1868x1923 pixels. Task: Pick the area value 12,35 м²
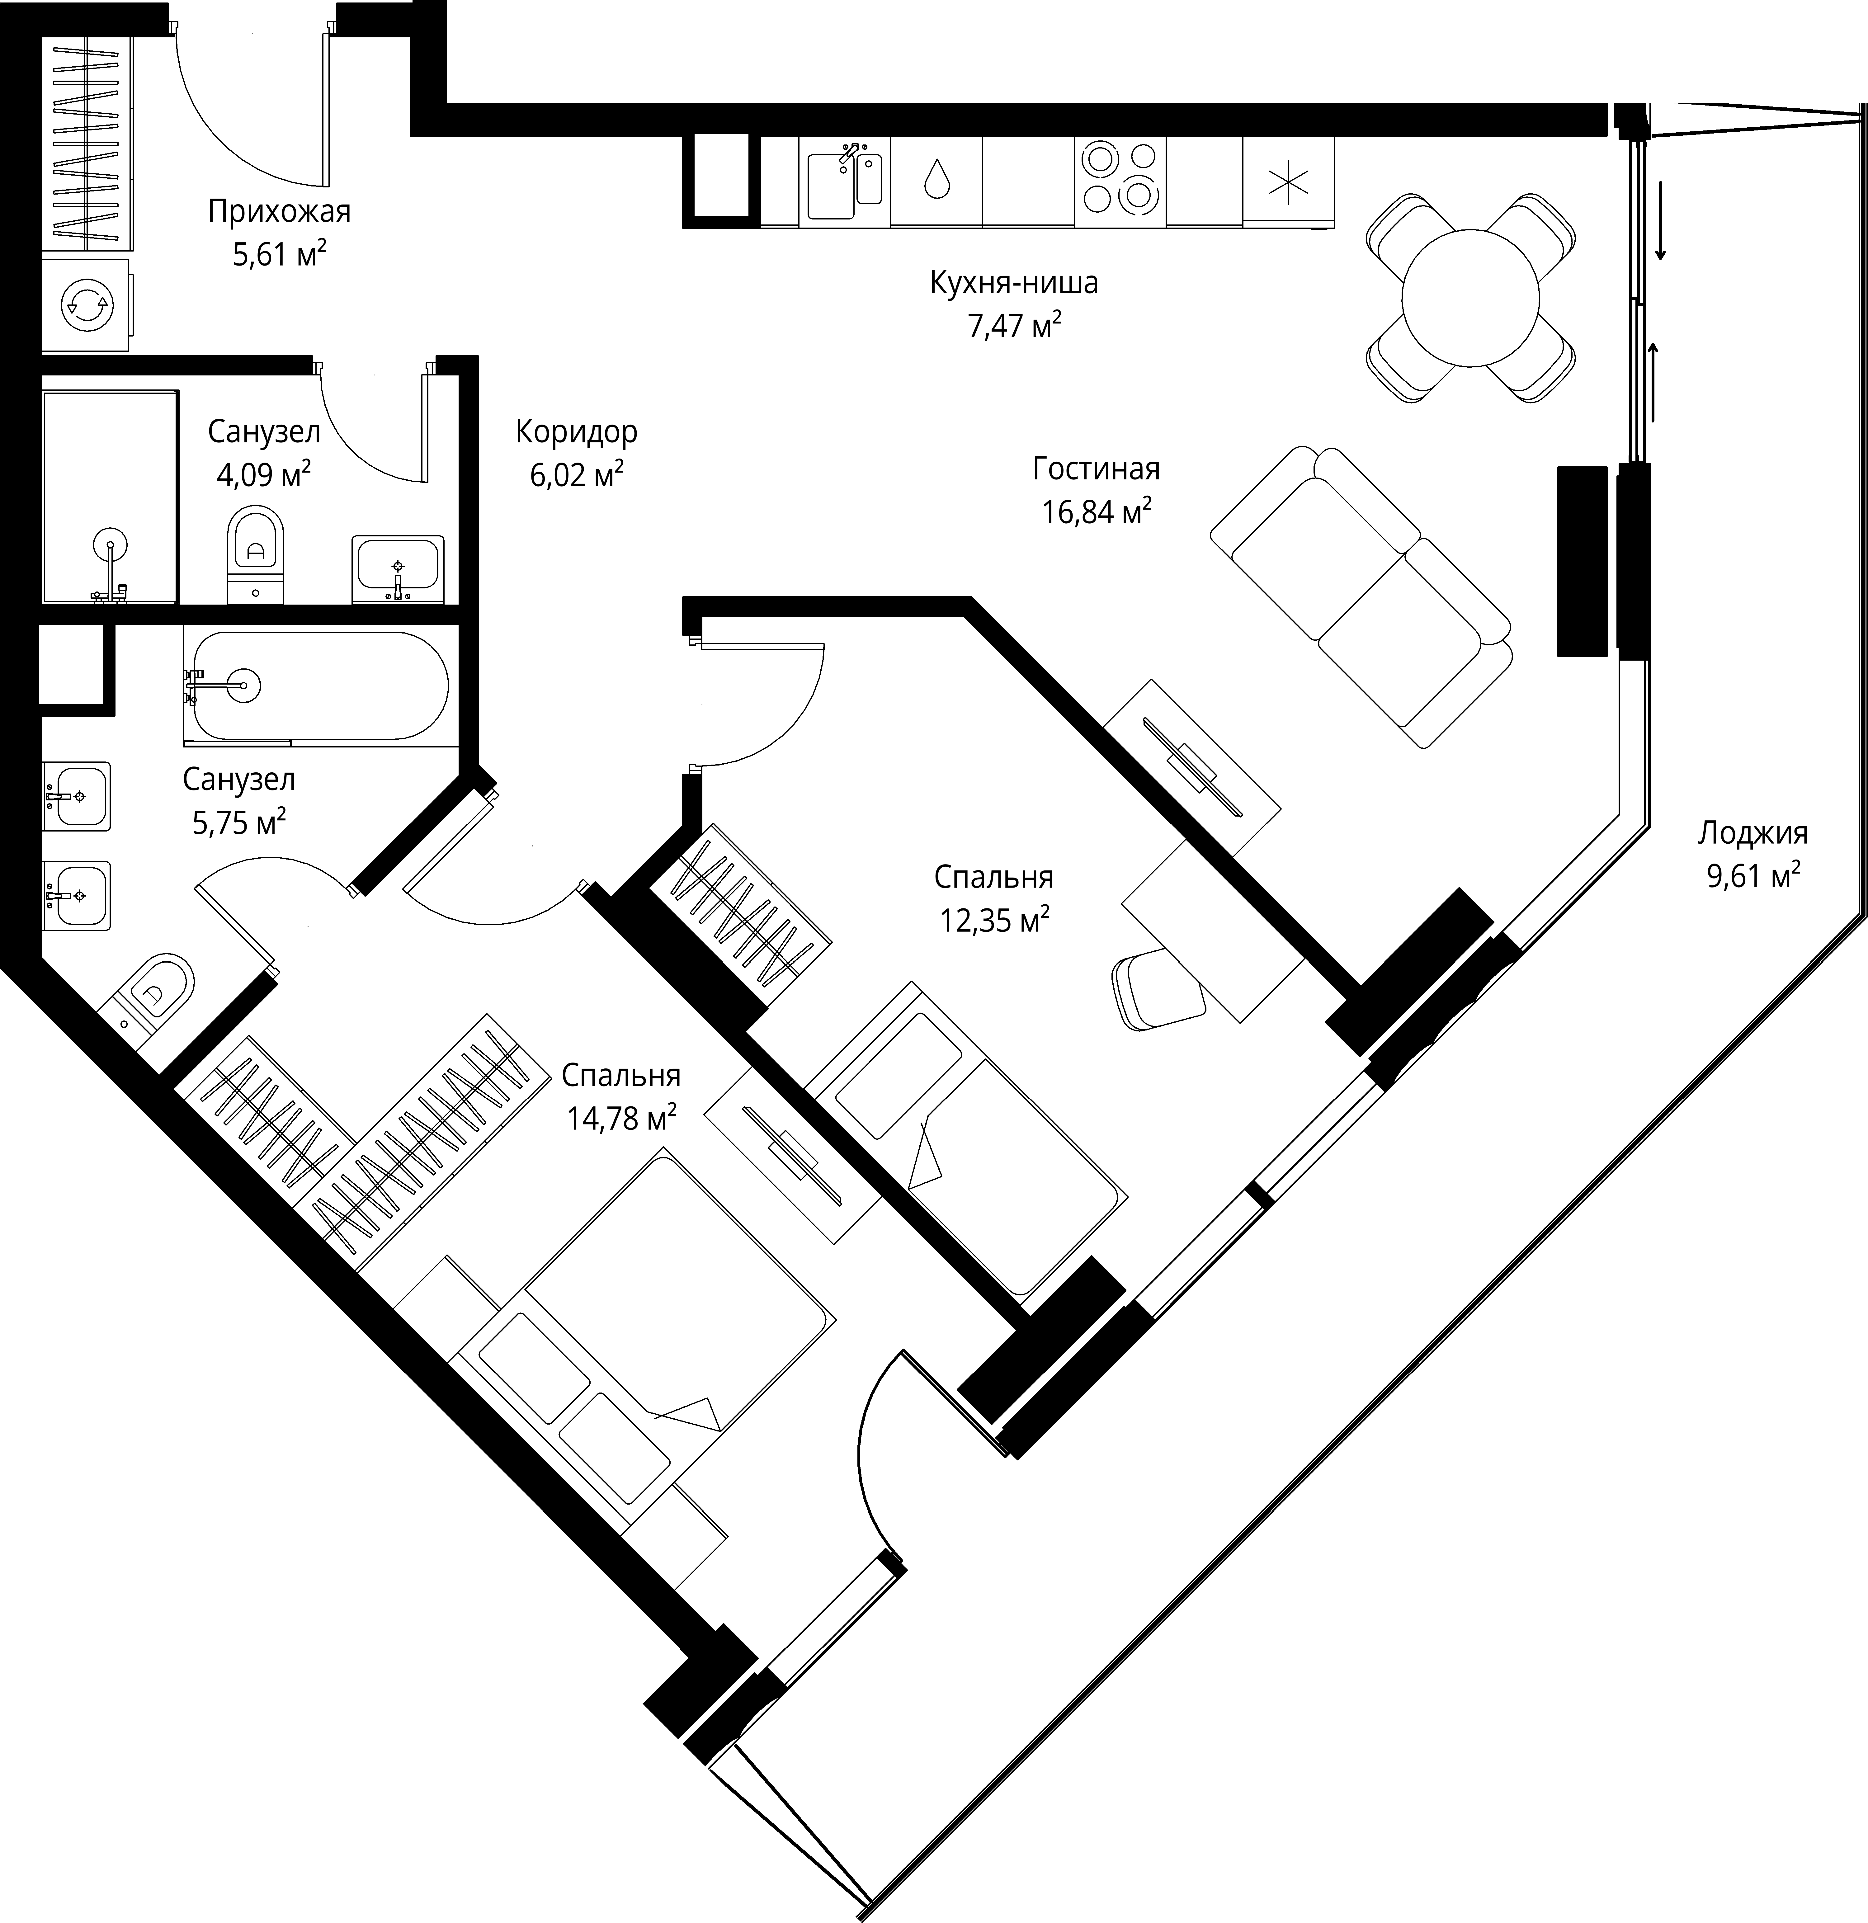coord(995,919)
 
